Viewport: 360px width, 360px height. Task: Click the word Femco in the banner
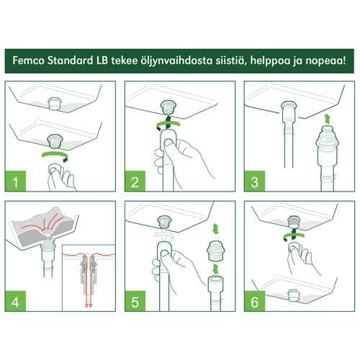tap(29, 60)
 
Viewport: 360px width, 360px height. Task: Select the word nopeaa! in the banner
tap(325, 61)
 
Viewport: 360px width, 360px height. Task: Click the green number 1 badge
tap(15, 181)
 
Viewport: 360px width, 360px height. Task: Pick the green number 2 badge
tap(135, 181)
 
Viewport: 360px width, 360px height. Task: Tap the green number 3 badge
tap(254, 181)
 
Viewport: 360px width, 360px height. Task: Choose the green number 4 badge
tap(15, 301)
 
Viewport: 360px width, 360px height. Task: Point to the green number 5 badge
tap(135, 301)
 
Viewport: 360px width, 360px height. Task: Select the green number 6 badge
tap(254, 301)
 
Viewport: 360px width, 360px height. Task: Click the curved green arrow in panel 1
tap(55, 153)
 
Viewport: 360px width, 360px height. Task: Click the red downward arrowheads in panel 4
tap(89, 305)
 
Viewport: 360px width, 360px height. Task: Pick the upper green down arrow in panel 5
tap(215, 228)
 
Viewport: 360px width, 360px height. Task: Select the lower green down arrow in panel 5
tap(215, 269)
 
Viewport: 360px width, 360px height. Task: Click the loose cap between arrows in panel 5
tap(215, 251)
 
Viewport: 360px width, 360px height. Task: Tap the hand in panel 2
tap(178, 158)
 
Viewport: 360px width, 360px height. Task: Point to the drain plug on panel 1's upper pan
tap(55, 104)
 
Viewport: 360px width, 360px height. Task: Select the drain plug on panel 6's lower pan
tap(293, 295)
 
